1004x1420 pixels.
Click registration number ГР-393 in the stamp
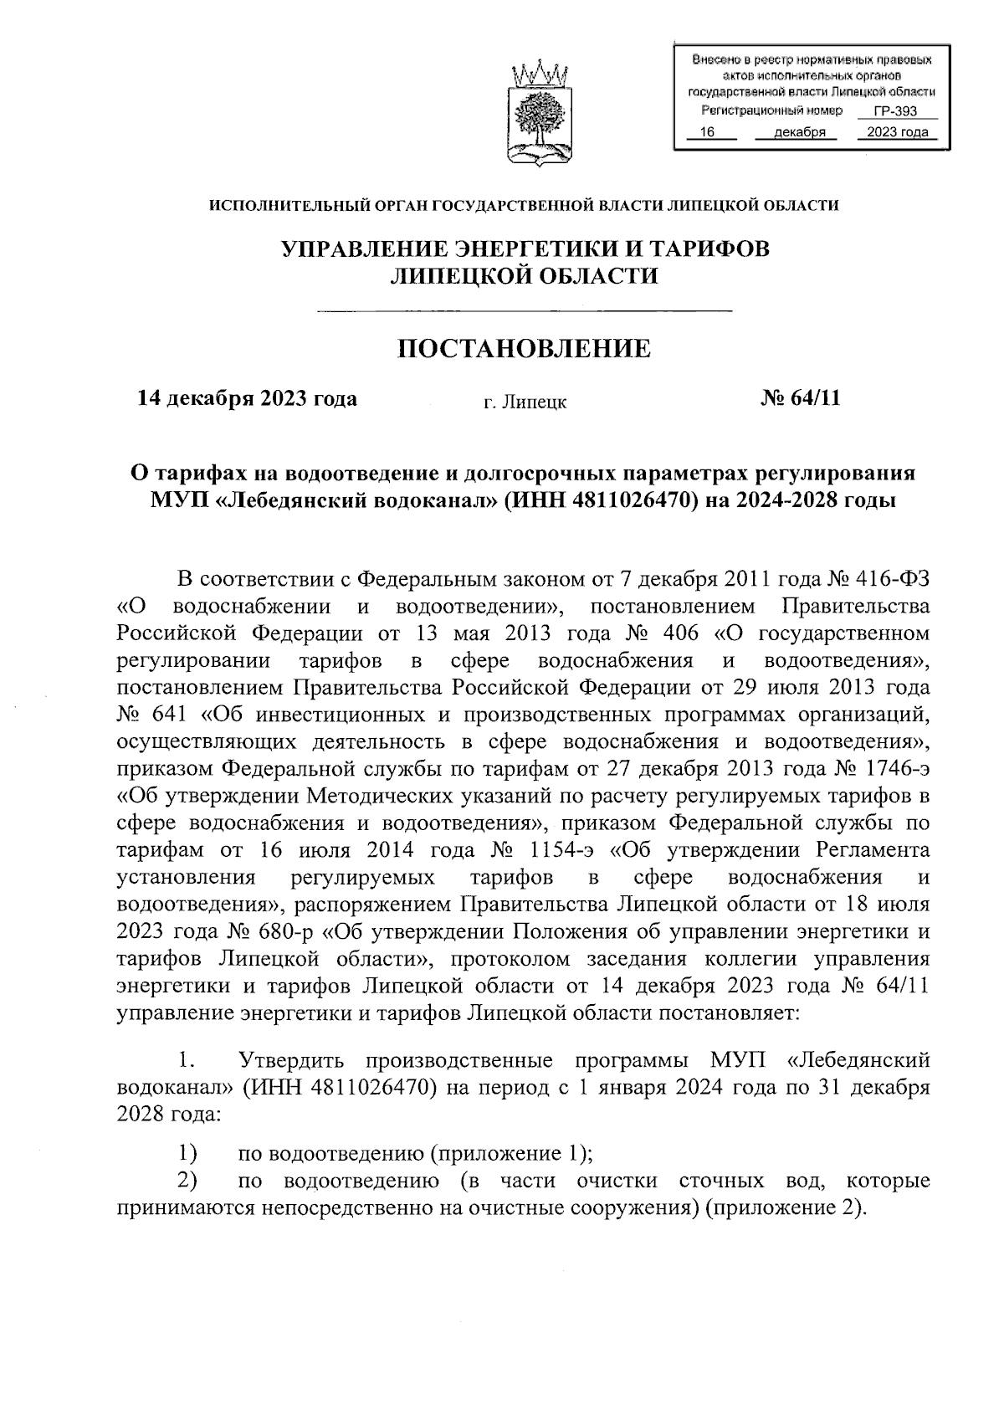coord(895,111)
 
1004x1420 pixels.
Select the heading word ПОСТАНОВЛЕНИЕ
coord(524,349)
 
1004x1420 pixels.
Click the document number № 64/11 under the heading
coord(800,398)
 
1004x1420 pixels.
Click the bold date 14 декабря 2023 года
coord(248,398)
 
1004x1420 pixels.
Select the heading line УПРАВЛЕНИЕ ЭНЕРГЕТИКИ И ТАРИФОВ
coord(524,249)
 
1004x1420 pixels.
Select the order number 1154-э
coord(566,851)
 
